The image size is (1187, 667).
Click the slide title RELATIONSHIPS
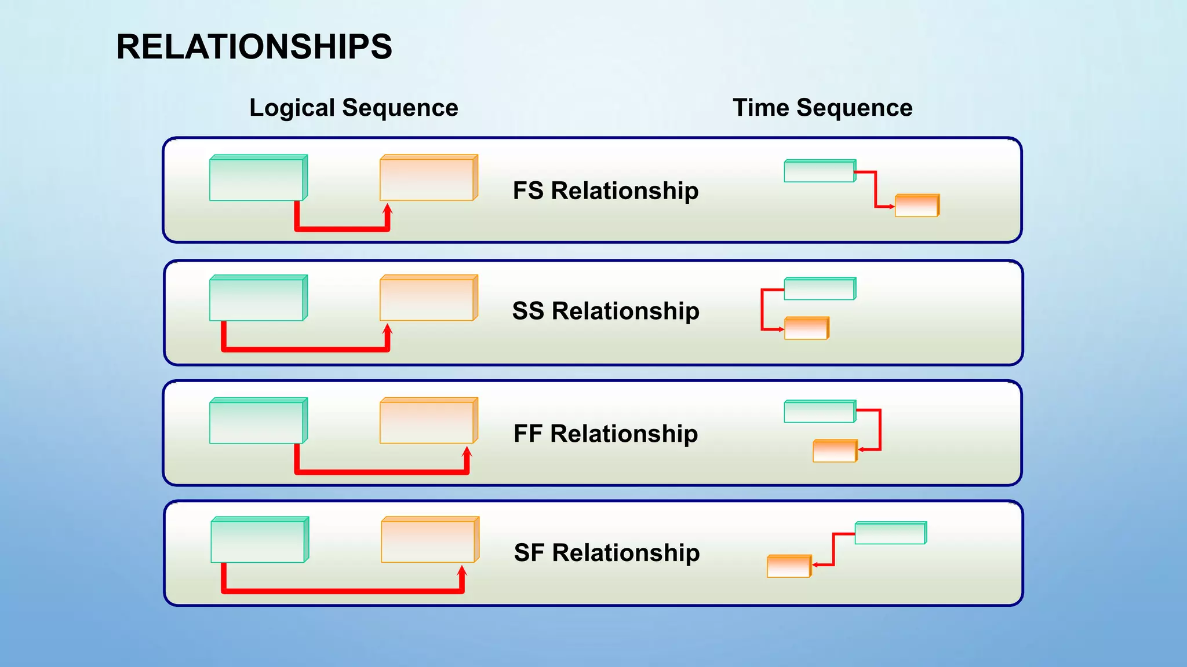(254, 47)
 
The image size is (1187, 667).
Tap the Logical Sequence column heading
(354, 108)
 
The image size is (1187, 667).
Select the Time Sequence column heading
(822, 108)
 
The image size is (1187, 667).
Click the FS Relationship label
(606, 190)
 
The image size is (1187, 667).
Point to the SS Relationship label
(606, 311)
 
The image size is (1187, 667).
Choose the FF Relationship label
(606, 434)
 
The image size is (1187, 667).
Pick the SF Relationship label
(607, 553)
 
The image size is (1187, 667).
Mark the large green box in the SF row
(259, 540)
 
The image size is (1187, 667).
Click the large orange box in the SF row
(429, 540)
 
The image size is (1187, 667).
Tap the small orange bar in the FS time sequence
(917, 206)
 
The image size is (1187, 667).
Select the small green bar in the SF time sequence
(890, 533)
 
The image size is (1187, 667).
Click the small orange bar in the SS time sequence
(806, 328)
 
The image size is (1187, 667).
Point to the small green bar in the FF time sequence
(820, 412)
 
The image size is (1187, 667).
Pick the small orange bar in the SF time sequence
(789, 566)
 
